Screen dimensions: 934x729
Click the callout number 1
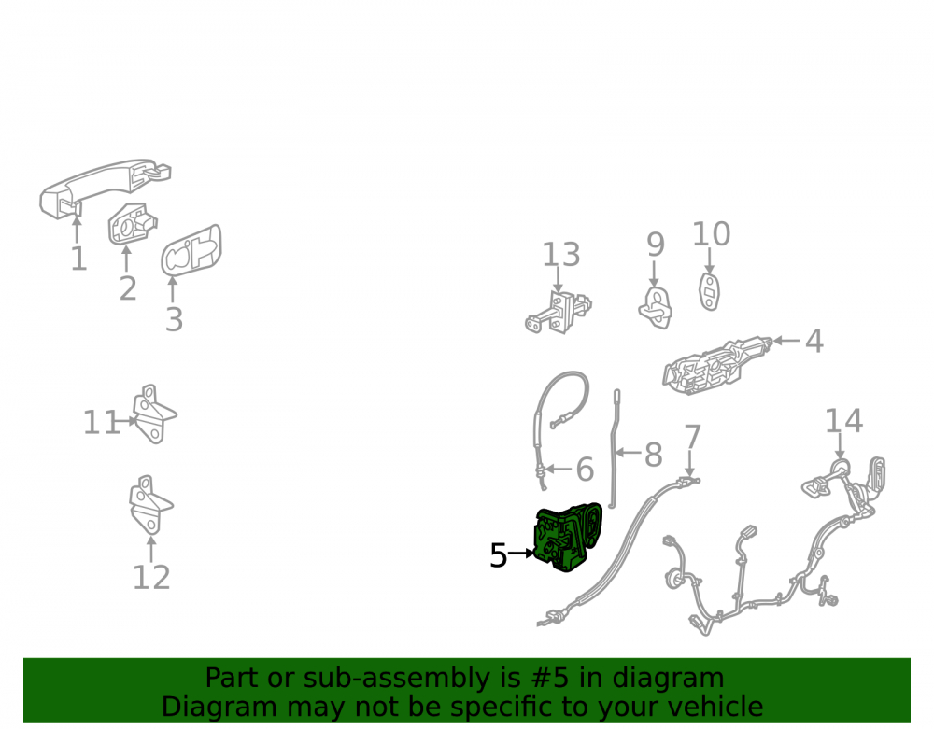click(78, 259)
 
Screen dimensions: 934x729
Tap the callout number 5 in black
click(498, 555)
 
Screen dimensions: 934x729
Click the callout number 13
click(560, 254)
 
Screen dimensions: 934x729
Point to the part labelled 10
click(709, 291)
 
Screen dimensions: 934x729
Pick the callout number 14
click(843, 421)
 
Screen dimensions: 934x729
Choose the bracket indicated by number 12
click(150, 505)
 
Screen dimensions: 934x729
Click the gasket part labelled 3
click(191, 250)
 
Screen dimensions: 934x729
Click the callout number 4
click(814, 341)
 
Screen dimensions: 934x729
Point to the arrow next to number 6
click(558, 469)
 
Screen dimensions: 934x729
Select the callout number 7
click(692, 437)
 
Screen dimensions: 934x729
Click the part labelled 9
click(656, 308)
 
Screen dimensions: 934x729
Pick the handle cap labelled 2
click(133, 223)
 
